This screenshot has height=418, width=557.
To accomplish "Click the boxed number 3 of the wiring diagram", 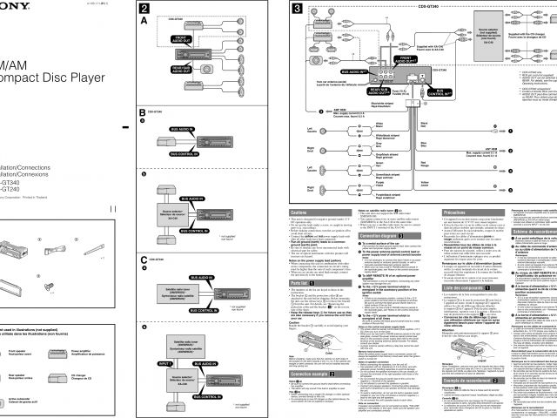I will (298, 10).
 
